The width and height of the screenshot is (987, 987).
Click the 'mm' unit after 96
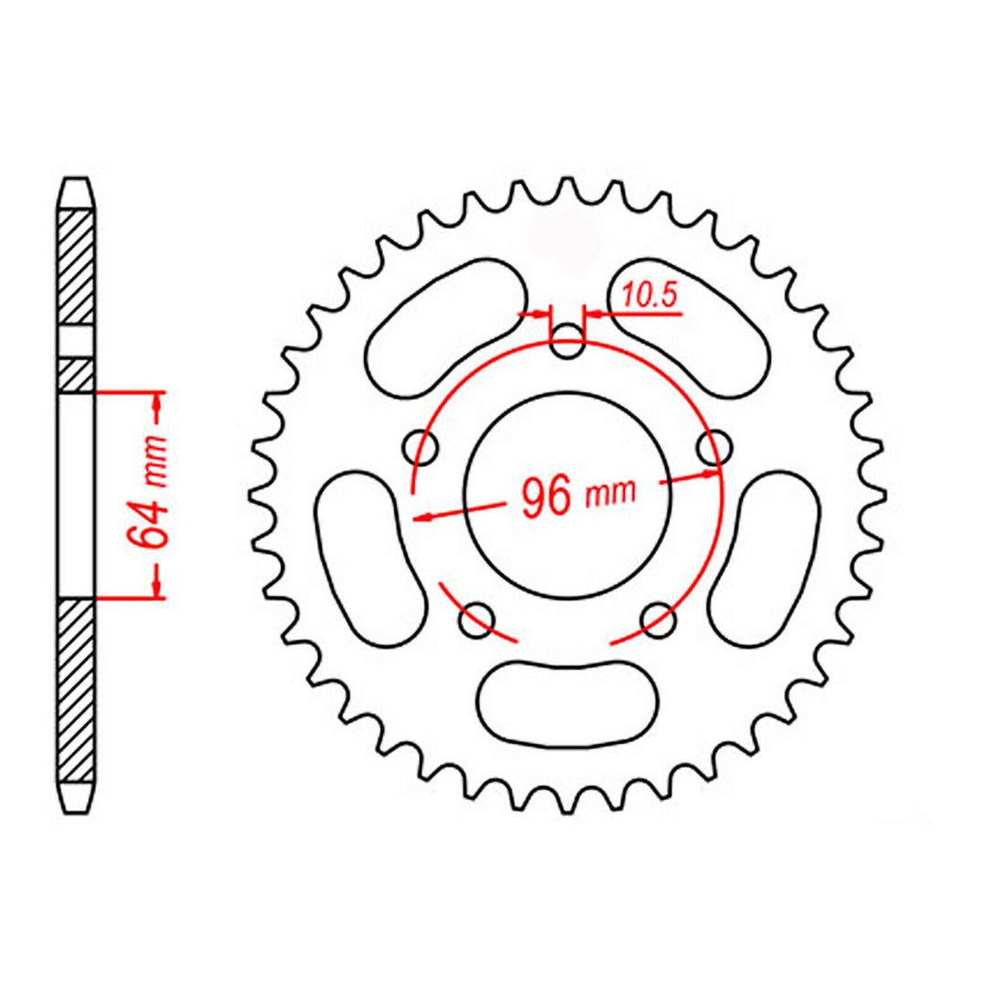click(x=610, y=494)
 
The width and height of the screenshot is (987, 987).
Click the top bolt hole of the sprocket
click(x=568, y=344)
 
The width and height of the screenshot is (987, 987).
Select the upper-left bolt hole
click(x=422, y=447)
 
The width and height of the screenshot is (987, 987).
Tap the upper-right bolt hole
click(x=713, y=448)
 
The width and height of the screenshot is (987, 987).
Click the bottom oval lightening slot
click(x=568, y=699)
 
